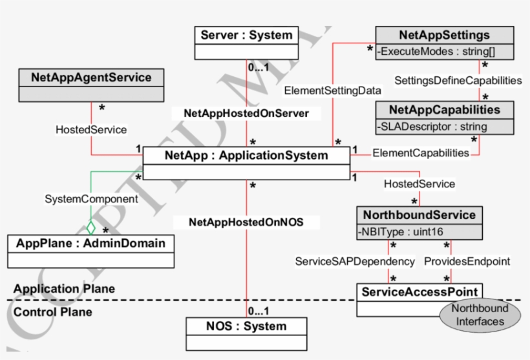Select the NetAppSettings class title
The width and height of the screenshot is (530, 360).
pos(444,35)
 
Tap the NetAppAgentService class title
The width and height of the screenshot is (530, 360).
pos(91,78)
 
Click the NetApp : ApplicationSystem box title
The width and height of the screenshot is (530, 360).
pos(246,155)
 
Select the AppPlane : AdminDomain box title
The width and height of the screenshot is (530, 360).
pos(90,243)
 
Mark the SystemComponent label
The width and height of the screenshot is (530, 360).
pos(82,198)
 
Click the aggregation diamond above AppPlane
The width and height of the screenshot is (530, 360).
pos(91,228)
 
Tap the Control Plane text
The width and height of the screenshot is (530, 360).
pos(53,312)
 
